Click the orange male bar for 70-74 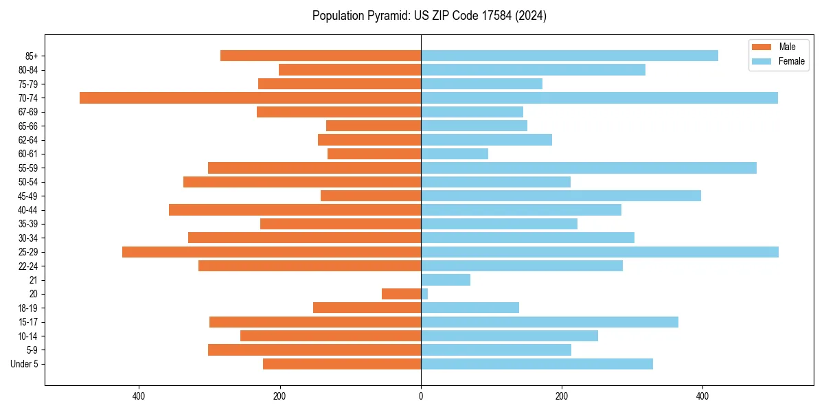[250, 98]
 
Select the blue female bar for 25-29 [599, 252]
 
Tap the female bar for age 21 [446, 279]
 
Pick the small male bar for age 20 [402, 294]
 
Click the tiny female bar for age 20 [424, 294]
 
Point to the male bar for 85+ [321, 56]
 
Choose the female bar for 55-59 [588, 168]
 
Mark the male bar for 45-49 [371, 196]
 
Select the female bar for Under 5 [537, 364]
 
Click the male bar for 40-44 [295, 209]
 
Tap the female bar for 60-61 [455, 154]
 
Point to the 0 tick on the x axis [421, 396]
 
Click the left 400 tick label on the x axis [139, 396]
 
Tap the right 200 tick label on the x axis [562, 396]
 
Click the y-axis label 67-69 [28, 112]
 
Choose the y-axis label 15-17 [28, 322]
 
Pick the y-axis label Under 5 [24, 364]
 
